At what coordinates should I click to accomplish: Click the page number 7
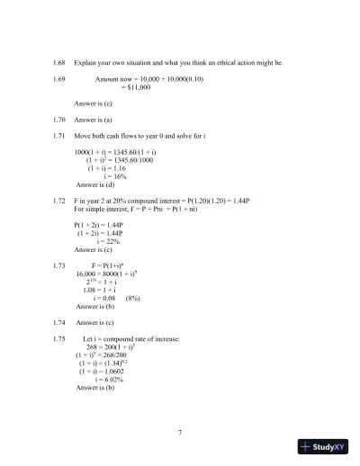[180, 433]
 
